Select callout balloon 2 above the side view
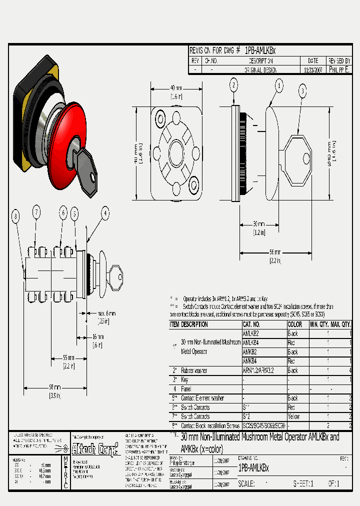click(x=233, y=85)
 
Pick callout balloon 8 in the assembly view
click(x=16, y=216)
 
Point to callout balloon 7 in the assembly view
click(x=36, y=212)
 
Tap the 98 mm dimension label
click(x=54, y=387)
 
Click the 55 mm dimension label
click(x=68, y=357)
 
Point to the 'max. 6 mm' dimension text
click(x=106, y=313)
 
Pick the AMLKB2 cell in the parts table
click(x=250, y=333)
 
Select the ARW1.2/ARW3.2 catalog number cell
click(x=257, y=370)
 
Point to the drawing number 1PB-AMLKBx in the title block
click(x=254, y=468)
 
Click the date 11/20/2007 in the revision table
click(x=313, y=70)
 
